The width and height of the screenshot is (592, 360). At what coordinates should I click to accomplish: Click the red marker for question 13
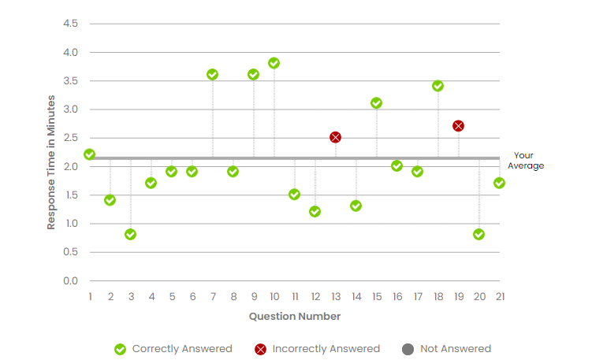pos(336,137)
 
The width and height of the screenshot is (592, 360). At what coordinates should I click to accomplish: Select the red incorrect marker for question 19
pos(459,126)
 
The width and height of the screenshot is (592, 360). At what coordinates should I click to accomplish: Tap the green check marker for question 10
pos(274,63)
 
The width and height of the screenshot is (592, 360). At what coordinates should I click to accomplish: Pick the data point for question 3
pos(131,235)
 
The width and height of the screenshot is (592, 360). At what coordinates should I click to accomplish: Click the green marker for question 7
pos(213,74)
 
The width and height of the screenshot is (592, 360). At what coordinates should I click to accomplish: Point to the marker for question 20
pos(479,235)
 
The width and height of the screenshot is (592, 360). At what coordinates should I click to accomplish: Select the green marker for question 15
pos(377,103)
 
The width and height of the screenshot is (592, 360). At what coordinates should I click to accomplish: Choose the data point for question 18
pos(438,86)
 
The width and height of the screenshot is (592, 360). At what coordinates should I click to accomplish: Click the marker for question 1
pos(90,154)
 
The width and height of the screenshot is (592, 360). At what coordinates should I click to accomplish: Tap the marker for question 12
pos(315,212)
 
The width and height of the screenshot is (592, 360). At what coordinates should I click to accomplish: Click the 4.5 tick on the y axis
pos(70,24)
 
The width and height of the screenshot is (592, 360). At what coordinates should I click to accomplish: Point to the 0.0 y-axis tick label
pos(70,281)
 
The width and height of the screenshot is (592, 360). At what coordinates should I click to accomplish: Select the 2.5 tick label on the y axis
pos(70,138)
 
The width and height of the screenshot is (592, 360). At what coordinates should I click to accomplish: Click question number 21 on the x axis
pos(500,297)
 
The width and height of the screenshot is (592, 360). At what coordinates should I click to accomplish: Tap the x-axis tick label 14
pos(356,297)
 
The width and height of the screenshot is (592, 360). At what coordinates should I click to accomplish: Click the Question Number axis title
pos(295,317)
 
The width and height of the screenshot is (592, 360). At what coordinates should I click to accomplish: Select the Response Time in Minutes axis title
pos(51,162)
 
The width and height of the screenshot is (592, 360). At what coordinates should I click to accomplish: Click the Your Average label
pos(526,161)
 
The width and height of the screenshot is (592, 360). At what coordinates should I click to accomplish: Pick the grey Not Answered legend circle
pos(408,349)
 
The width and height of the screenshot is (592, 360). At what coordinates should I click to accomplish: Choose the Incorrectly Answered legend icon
pos(260,349)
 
